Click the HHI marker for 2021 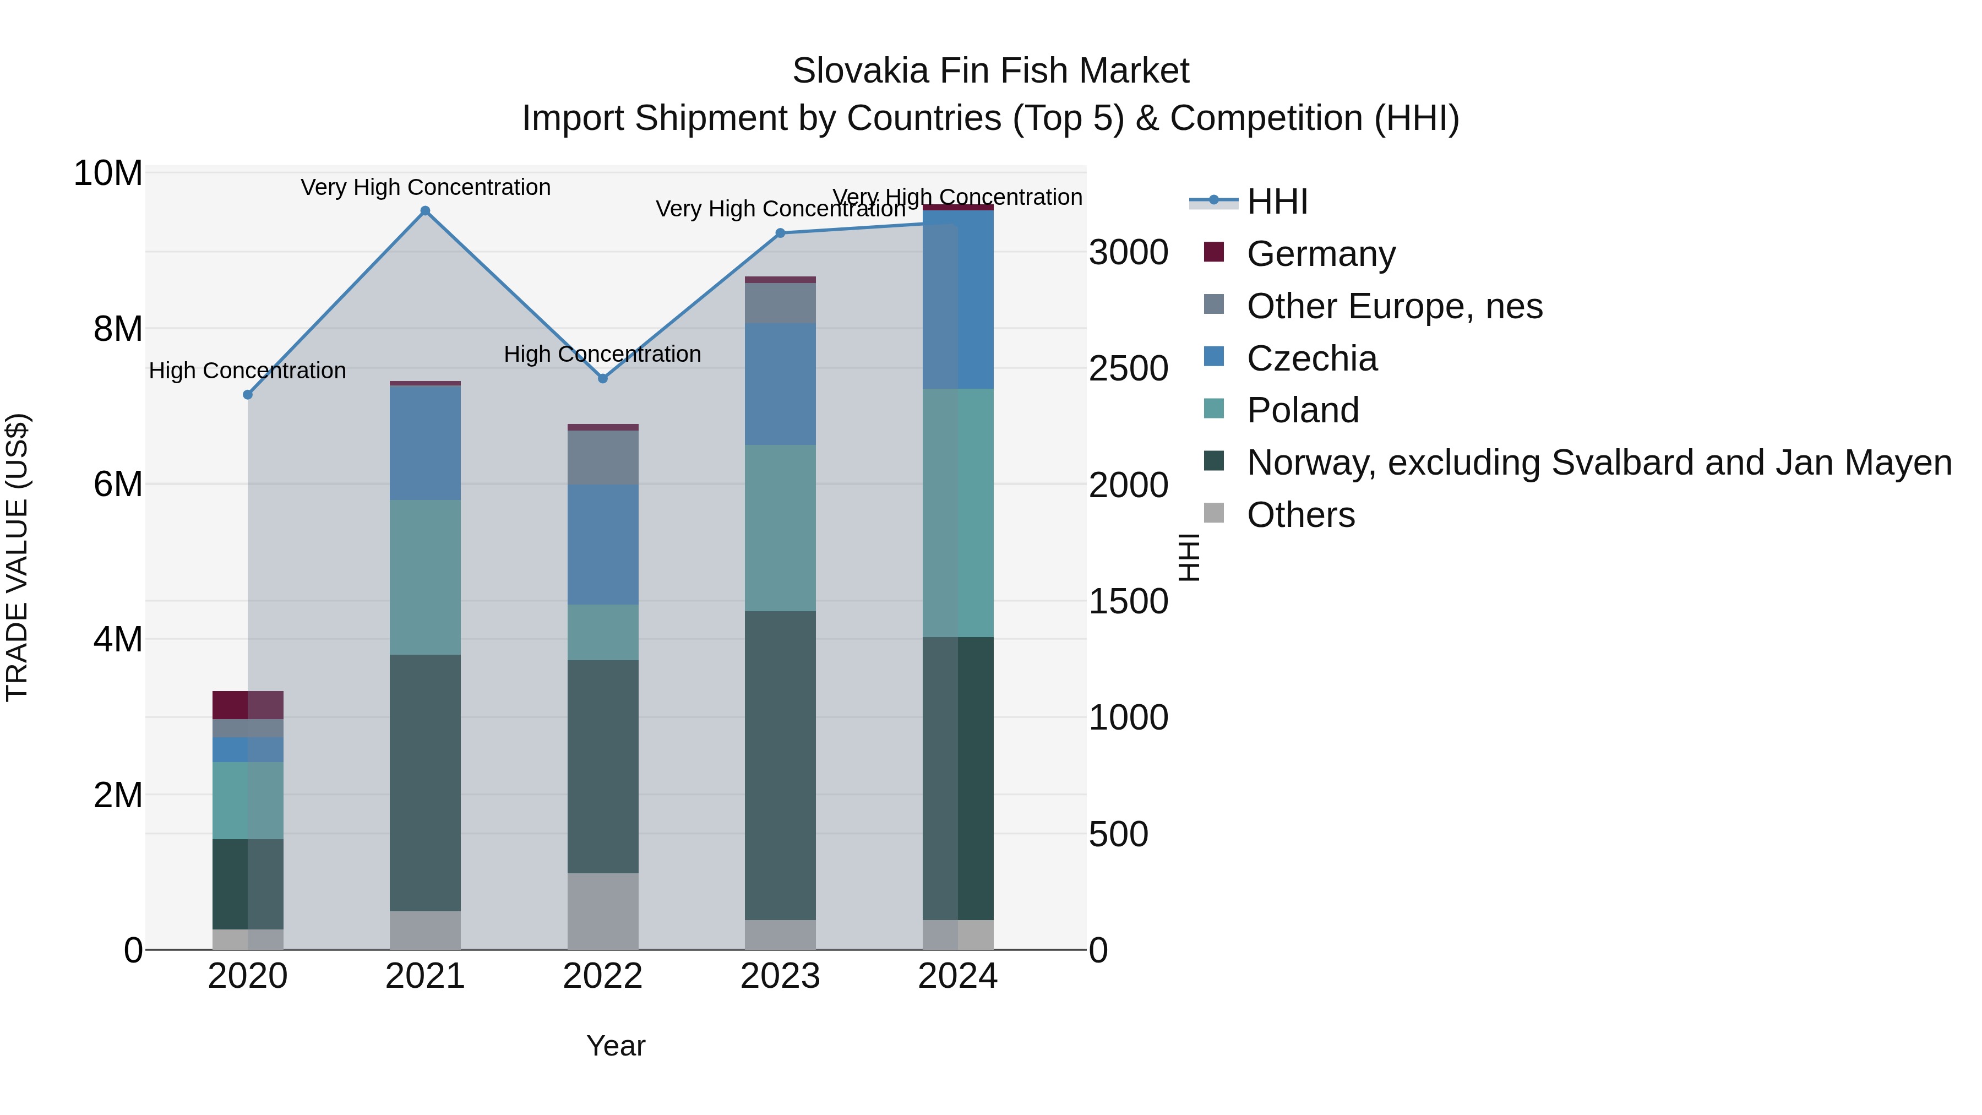426,211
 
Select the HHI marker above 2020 248,395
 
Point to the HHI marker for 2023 780,233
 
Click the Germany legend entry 1320,254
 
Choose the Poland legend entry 1303,410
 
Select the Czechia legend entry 1312,358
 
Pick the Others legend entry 1300,515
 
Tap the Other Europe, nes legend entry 1394,306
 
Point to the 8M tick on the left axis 118,329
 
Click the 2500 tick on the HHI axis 1128,368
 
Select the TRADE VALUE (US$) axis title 17,557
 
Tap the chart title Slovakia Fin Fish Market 990,71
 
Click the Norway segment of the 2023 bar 780,766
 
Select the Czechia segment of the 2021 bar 426,443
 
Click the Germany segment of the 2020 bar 248,705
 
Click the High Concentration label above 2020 248,371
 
